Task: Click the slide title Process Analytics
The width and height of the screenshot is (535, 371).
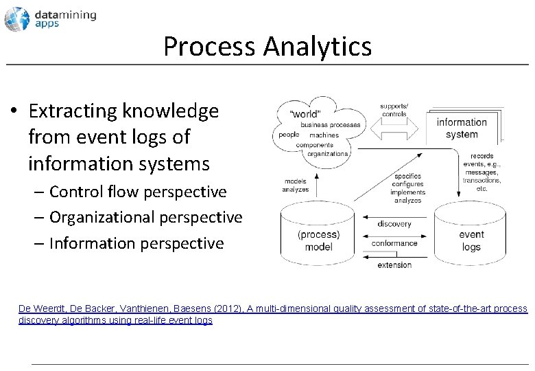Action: (267, 47)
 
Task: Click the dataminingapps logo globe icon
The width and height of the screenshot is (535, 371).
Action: (16, 19)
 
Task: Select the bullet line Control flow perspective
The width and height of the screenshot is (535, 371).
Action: (138, 191)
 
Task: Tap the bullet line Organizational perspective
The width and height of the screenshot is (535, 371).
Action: (146, 217)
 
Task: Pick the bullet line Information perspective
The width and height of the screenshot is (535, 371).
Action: (136, 243)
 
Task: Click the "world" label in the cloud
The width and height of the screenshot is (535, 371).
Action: (305, 113)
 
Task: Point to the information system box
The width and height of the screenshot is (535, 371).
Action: (462, 128)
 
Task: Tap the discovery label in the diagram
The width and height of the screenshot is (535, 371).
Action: (394, 224)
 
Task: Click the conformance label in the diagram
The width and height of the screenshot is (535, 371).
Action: (394, 243)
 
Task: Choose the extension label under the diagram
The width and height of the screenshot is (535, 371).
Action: (394, 265)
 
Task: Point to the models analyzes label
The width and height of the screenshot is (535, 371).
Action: (296, 185)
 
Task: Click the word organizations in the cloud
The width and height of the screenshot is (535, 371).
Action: (328, 154)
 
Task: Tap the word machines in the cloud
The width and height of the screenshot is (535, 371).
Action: (324, 135)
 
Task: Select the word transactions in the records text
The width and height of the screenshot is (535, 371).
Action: (481, 181)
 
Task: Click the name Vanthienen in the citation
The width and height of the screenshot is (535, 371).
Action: (169, 309)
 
